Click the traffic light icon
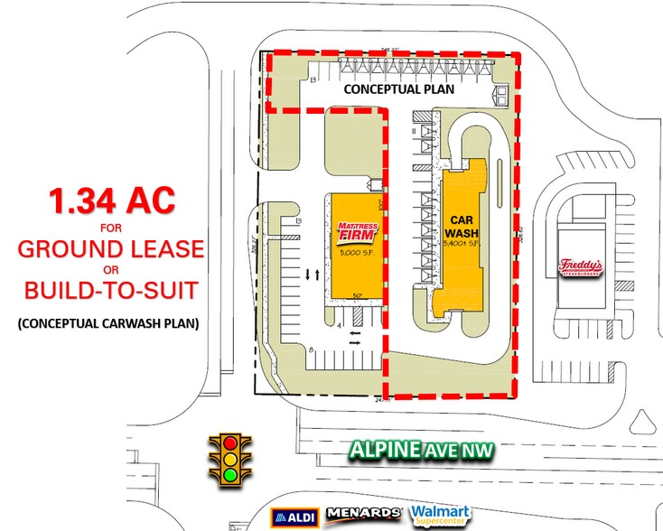pyautogui.click(x=230, y=457)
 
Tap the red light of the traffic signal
pyautogui.click(x=230, y=443)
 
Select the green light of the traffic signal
pyautogui.click(x=230, y=472)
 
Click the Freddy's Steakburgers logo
pyautogui.click(x=579, y=266)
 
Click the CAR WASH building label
pyautogui.click(x=462, y=225)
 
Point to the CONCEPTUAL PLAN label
pyautogui.click(x=397, y=89)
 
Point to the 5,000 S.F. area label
pyautogui.click(x=354, y=255)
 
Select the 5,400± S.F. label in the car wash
pyautogui.click(x=462, y=244)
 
